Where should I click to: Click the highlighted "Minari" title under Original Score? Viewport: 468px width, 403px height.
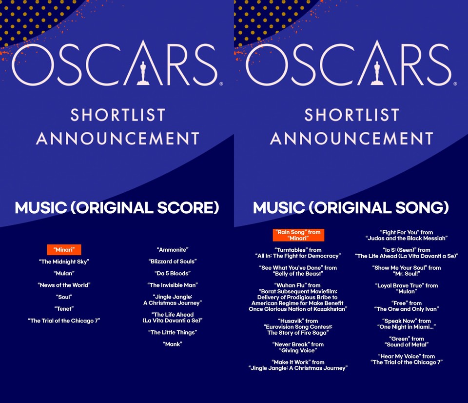pos(64,250)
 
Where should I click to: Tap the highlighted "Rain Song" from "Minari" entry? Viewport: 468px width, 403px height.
pos(298,235)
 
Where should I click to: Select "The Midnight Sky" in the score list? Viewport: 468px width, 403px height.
pos(64,262)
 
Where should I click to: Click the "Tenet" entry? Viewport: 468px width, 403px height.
pos(64,309)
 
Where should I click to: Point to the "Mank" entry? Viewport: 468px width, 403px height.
pos(173,344)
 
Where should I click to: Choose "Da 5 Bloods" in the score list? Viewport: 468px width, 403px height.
pos(173,273)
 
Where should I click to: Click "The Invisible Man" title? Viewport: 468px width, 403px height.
pos(173,285)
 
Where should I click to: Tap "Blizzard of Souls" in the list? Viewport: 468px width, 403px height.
pos(173,262)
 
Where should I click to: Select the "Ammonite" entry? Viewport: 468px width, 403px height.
pos(173,250)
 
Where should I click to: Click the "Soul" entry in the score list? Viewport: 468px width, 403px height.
pos(64,297)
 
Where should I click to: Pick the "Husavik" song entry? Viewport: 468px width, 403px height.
pos(298,327)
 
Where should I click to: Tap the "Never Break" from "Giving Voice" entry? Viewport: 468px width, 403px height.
pos(298,347)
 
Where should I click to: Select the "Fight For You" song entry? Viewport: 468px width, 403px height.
pos(407,235)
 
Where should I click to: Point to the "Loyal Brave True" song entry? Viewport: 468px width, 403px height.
pos(407,288)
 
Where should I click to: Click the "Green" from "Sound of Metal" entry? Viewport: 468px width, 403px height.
pos(407,342)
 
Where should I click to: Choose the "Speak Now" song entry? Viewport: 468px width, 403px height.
pos(407,324)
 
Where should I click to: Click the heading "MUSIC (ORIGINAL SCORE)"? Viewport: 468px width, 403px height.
pos(117,208)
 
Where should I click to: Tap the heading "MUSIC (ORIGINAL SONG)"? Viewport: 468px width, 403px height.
pos(351,208)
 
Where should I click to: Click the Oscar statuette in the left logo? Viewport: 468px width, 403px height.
pos(143,73)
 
